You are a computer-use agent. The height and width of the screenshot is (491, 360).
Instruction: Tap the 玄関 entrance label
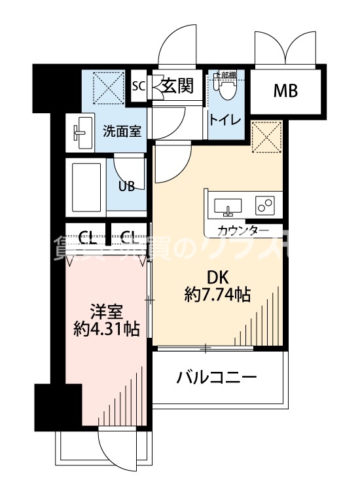[x=178, y=86]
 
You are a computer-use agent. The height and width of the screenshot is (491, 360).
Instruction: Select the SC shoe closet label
[x=138, y=86]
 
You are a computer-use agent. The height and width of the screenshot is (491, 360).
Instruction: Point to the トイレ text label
[x=225, y=120]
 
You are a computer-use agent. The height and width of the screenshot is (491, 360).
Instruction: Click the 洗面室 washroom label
[x=121, y=130]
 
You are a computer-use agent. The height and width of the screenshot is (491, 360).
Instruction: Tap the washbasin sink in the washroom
[x=82, y=130]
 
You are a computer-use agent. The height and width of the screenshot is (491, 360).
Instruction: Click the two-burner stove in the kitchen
[x=265, y=206]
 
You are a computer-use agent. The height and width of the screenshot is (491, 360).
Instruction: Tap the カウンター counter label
[x=242, y=230]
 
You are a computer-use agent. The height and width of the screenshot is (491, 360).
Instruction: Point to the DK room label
[x=217, y=276]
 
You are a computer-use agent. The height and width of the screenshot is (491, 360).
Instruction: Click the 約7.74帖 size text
[x=217, y=295]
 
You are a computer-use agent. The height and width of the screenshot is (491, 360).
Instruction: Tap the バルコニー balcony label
[x=216, y=378]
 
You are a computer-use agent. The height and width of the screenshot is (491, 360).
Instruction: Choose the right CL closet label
[x=128, y=236]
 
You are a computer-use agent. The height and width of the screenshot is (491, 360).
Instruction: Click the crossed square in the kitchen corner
[x=266, y=136]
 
